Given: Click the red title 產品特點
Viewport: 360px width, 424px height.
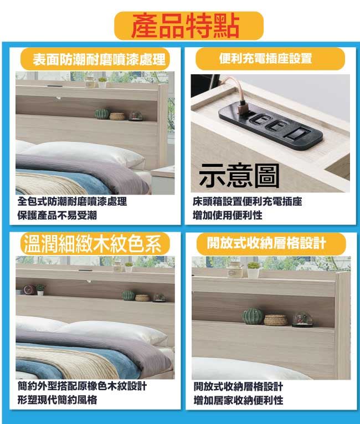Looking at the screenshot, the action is point(186,26).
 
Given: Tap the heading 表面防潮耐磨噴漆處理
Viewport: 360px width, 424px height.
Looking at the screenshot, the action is point(99,59).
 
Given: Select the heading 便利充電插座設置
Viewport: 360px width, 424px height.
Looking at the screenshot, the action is point(266,58).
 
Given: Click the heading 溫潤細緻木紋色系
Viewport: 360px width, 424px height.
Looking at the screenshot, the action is point(92,244).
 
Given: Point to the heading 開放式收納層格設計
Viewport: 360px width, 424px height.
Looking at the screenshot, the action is point(266,243).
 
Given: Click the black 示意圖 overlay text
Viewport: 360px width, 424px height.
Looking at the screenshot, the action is point(239,176).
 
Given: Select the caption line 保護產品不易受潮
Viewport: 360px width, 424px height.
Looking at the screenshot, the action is point(57,216).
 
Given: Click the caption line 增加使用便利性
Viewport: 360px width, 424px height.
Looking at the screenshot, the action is point(227,215).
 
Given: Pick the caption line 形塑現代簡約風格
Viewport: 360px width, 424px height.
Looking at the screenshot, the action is point(57,400).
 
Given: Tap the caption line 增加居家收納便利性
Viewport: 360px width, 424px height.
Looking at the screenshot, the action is point(238,400).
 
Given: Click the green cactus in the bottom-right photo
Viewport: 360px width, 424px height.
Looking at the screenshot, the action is point(253,316).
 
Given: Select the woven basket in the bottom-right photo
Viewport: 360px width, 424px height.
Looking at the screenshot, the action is point(276,320).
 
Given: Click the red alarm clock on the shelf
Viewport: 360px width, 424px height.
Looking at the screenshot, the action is point(28,290).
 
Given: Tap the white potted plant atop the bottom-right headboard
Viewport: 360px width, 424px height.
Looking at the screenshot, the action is point(253,270).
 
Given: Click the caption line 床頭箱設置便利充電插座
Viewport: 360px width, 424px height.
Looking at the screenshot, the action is point(248,201).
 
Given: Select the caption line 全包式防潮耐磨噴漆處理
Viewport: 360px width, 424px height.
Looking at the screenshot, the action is point(72,201).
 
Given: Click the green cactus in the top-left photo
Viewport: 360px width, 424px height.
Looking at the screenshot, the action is point(102,114).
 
